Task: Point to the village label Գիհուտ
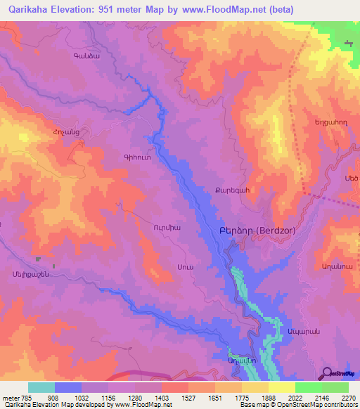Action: [x=136, y=158]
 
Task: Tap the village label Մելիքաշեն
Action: [x=29, y=275]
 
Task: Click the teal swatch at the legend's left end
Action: [x=41, y=387]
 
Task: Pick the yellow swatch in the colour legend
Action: [x=281, y=387]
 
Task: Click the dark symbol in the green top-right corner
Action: [x=349, y=44]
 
